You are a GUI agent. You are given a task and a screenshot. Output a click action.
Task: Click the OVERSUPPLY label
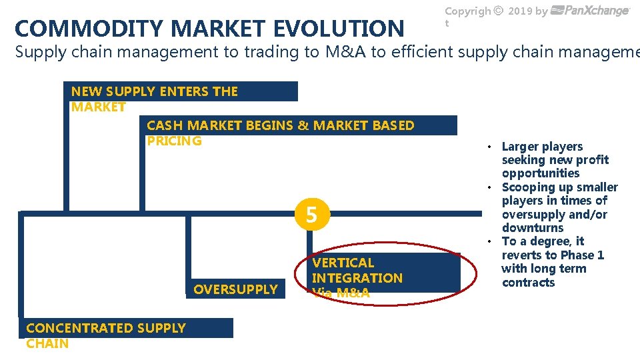[235, 289]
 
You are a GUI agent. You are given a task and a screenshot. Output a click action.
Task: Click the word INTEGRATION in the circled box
[357, 278]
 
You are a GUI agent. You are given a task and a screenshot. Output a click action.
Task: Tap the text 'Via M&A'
[341, 293]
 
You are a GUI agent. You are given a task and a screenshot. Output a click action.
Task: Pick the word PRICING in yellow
[174, 141]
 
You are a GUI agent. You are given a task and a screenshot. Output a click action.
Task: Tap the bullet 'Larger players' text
[542, 147]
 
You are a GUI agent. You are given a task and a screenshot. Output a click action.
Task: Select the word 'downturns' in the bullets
[533, 228]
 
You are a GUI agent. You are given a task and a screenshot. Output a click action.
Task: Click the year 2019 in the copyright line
[520, 11]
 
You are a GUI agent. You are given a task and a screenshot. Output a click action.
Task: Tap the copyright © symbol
[499, 11]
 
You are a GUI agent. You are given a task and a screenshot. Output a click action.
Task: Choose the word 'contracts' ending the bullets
[529, 283]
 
